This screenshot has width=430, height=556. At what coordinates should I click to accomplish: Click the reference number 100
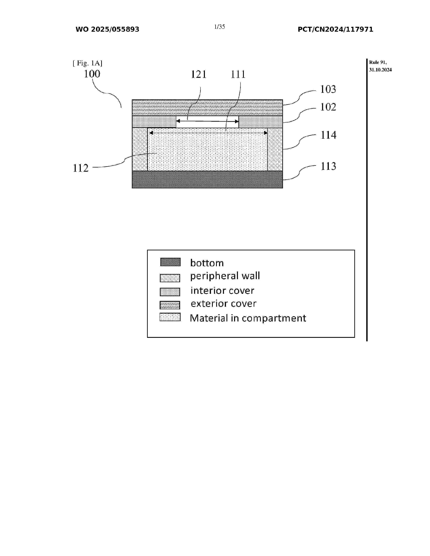click(x=92, y=74)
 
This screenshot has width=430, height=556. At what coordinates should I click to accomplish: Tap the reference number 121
click(x=198, y=74)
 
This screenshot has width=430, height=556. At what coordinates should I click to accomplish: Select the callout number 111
click(x=238, y=74)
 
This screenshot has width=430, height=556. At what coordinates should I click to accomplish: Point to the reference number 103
click(x=328, y=89)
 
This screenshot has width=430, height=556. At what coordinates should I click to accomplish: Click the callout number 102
click(x=328, y=107)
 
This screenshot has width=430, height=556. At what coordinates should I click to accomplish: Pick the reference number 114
click(x=328, y=135)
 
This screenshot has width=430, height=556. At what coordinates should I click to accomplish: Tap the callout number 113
click(x=328, y=166)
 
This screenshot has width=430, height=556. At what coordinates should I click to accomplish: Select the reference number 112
click(x=81, y=168)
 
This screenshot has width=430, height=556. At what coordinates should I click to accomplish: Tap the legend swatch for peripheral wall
click(x=170, y=278)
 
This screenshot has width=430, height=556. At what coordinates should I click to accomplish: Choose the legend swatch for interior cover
click(x=170, y=292)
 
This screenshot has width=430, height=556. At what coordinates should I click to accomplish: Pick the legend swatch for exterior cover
click(x=170, y=305)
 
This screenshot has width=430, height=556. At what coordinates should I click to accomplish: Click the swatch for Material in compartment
click(x=170, y=317)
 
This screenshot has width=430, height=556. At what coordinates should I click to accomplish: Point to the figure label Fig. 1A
click(x=87, y=63)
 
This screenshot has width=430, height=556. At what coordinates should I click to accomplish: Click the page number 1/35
click(x=220, y=27)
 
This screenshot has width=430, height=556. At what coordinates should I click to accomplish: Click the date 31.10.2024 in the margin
click(x=380, y=70)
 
